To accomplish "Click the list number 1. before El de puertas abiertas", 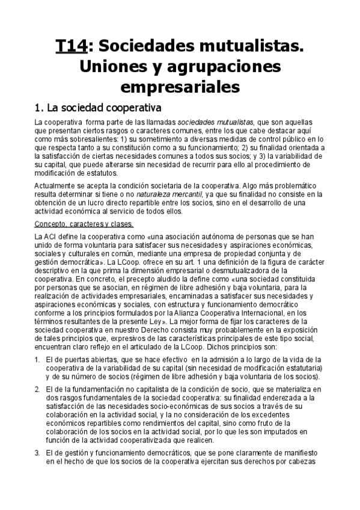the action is tap(38, 360).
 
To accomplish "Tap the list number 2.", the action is tap(38, 390).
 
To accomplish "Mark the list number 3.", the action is tap(38, 452).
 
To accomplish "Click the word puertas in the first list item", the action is tap(78, 360).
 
